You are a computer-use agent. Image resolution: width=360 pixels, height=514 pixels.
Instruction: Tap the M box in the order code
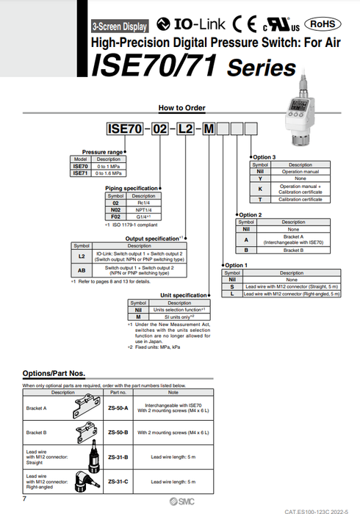[x=209, y=129]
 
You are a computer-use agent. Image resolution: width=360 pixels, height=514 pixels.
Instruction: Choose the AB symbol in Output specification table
[x=82, y=269]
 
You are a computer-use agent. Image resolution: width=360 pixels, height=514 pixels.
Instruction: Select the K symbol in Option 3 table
[x=259, y=188]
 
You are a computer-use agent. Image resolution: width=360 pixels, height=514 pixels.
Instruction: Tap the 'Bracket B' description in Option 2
[x=293, y=250]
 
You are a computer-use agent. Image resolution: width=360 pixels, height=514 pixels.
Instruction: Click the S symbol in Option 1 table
[x=232, y=286]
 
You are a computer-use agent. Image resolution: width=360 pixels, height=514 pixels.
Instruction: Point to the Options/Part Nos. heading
[x=59, y=374]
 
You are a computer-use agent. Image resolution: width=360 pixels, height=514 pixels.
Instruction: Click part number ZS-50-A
[x=118, y=407]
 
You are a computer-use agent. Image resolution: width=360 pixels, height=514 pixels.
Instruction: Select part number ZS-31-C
[x=118, y=481]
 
